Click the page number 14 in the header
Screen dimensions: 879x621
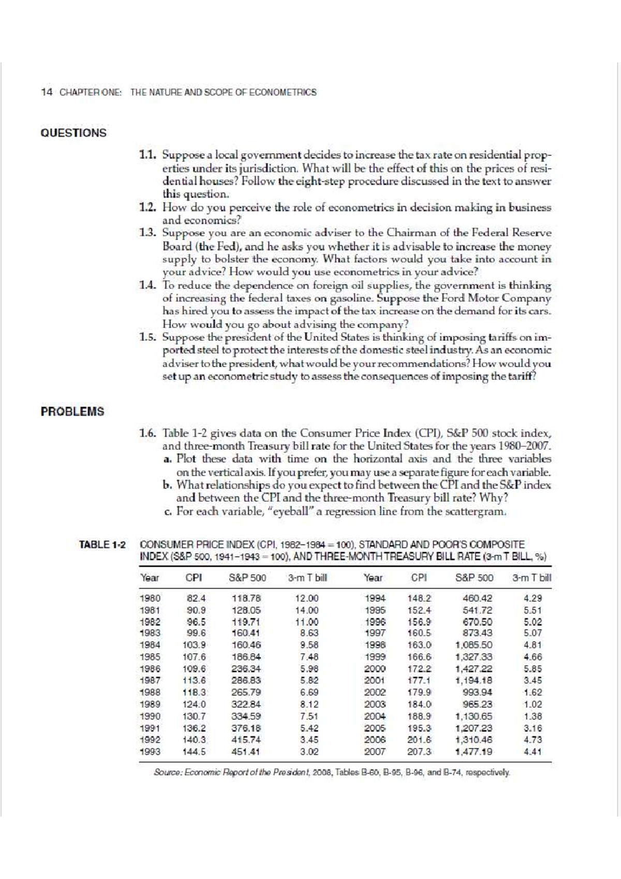(47, 93)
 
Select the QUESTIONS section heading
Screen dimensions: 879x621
(73, 133)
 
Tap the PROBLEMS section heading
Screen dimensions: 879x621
(72, 412)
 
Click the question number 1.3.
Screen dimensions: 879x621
(149, 233)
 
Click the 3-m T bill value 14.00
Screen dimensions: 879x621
(306, 610)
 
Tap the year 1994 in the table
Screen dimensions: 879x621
(375, 598)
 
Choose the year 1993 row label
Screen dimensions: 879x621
(150, 751)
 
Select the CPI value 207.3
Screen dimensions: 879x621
(421, 751)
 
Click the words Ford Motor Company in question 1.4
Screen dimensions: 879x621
(505, 299)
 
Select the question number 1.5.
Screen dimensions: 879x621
(149, 338)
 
